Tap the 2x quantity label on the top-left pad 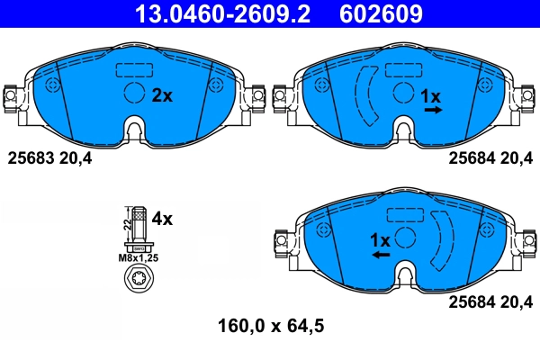pos(161,94)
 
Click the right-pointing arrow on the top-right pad pos(432,110)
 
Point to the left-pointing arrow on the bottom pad pos(381,256)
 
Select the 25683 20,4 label pos(49,157)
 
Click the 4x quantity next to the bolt pos(162,218)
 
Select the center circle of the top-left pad pos(134,93)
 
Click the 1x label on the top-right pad pos(432,95)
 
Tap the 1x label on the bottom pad pos(380,240)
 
